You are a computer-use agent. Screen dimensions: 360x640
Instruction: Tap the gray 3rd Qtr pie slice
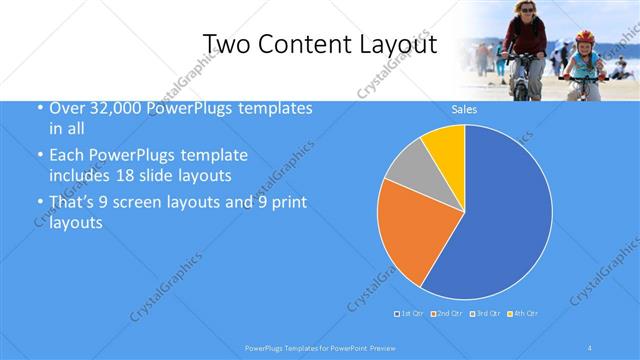(x=407, y=167)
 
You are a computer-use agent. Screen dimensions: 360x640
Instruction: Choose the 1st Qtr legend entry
(x=411, y=314)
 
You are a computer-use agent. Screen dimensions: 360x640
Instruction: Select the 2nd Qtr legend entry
(x=446, y=314)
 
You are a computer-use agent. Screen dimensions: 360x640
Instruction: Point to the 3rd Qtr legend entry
(x=485, y=314)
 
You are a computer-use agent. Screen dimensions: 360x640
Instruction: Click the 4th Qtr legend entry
(x=523, y=314)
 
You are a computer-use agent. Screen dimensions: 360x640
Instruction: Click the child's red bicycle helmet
(x=584, y=37)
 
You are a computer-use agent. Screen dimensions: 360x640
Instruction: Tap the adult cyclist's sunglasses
(x=525, y=9)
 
